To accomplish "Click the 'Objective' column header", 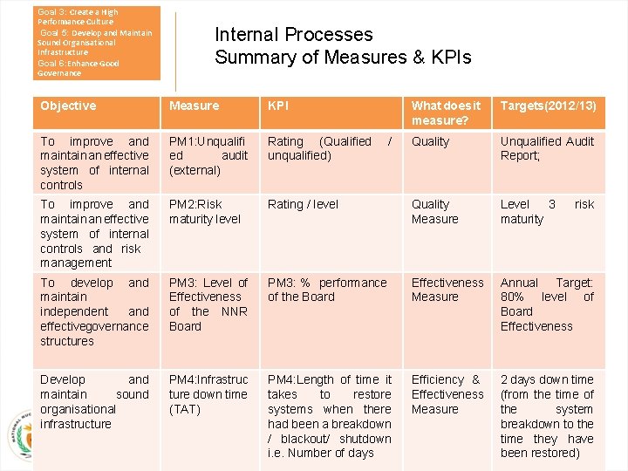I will point(68,106).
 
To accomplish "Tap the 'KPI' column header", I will point(278,106).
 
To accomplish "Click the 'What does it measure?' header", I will point(446,113).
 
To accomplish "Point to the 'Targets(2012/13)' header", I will point(548,106).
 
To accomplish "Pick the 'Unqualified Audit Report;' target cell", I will point(547,148).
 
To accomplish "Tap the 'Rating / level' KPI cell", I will point(303,205).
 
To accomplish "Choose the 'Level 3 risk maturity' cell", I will point(547,212).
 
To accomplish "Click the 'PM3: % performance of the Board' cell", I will point(327,290).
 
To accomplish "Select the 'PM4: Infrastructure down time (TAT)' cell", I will point(208,394).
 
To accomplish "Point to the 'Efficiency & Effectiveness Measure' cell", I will point(447,394).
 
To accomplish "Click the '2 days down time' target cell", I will point(547,416).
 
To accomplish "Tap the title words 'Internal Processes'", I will point(294,35).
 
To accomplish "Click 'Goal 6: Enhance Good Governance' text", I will point(78,68).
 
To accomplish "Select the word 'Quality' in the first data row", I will point(430,141).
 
